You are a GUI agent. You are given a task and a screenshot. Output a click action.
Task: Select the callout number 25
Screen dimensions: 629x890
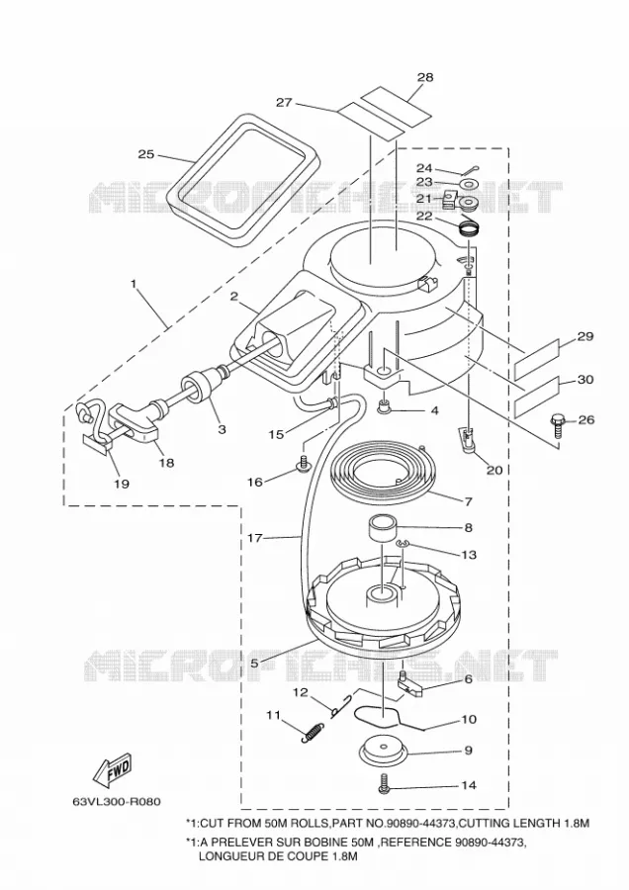tap(146, 154)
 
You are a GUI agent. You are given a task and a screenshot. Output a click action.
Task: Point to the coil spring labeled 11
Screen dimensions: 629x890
tap(313, 732)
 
